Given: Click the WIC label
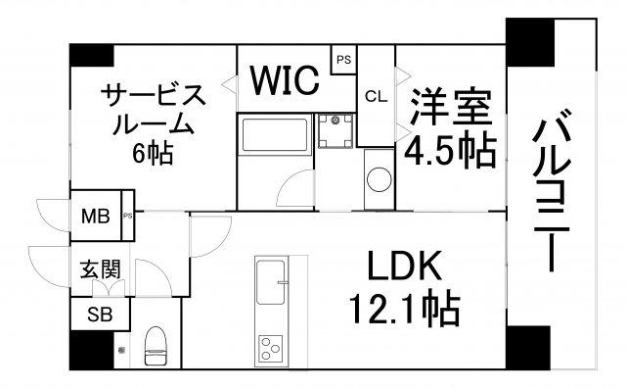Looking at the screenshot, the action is [x=285, y=80].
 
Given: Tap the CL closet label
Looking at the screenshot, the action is [x=376, y=96].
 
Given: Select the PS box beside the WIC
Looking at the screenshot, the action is [x=343, y=60].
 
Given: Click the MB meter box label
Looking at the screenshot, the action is [x=96, y=217].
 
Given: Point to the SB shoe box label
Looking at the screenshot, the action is [x=100, y=315].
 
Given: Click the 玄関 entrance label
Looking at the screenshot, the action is [x=100, y=269].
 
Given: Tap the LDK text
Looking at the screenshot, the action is [x=404, y=266].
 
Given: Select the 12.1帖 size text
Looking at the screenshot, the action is [x=405, y=309].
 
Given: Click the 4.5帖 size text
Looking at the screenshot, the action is [x=450, y=151].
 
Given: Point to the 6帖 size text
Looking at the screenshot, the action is [x=153, y=152].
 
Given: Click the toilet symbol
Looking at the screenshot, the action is [x=156, y=346].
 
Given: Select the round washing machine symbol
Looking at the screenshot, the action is [x=380, y=179].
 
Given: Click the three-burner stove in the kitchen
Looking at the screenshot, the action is [x=270, y=348].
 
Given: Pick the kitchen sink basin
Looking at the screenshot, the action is [x=271, y=282].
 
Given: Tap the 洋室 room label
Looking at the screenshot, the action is [x=451, y=108].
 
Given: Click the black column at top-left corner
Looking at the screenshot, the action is [x=91, y=55].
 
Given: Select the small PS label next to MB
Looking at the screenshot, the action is [x=127, y=216].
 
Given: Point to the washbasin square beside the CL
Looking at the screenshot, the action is [x=335, y=130].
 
